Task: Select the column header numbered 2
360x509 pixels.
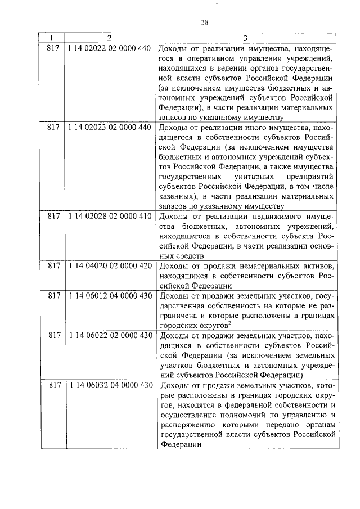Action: [x=109, y=38]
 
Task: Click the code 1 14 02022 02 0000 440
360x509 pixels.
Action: [x=109, y=48]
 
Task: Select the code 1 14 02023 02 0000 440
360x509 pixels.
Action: [x=109, y=127]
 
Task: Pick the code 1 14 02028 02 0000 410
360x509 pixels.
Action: [x=109, y=216]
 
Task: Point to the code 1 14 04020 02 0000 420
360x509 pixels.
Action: [x=109, y=265]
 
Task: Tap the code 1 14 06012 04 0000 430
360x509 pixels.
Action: [x=109, y=295]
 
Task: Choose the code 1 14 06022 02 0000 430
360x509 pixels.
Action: [x=109, y=335]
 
